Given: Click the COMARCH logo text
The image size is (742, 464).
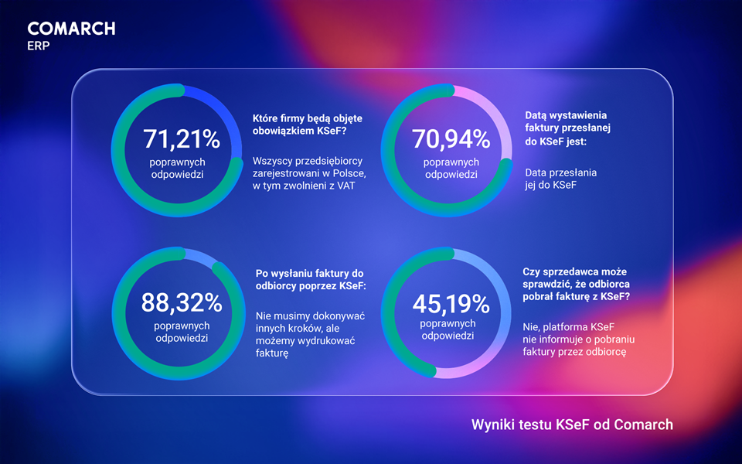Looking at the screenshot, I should pos(71,29).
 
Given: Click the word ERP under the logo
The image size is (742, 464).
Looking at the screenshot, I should pos(38,45).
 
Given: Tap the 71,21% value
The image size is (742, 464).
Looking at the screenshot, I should pos(182,139).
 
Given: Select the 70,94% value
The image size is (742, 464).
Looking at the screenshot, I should pos(451,139).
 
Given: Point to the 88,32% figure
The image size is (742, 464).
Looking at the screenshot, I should pos(182,302).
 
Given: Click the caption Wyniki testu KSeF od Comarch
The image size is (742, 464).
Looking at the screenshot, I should pos(572,425).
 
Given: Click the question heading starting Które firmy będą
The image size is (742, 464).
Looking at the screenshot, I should pos(308,125).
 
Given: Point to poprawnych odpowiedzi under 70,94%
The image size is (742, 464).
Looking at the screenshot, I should pos(451,169).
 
